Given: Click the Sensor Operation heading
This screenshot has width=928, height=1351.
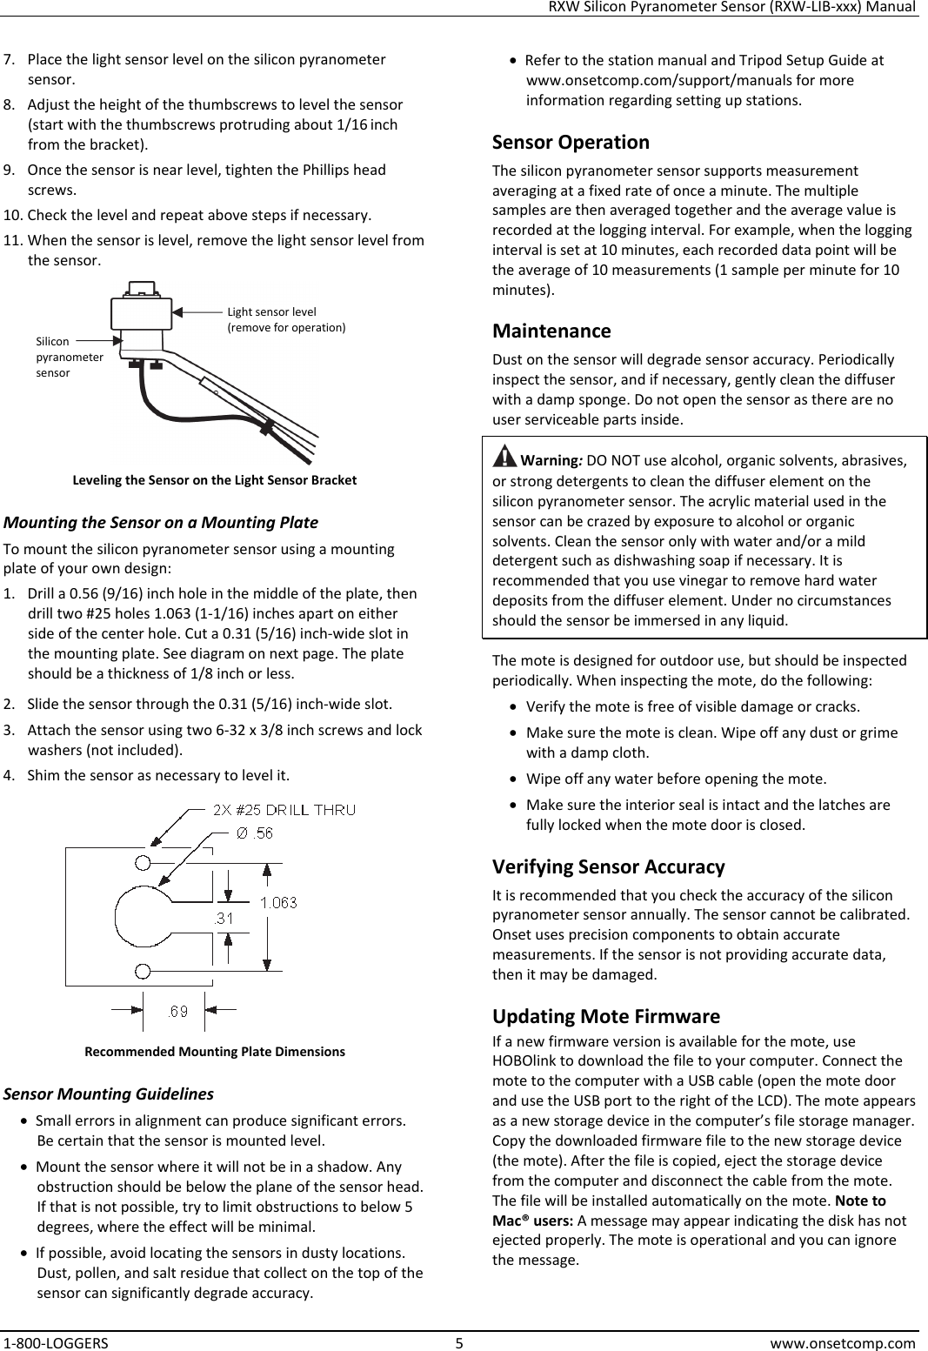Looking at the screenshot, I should click(571, 142).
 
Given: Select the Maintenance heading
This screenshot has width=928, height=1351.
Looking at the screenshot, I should click(551, 331).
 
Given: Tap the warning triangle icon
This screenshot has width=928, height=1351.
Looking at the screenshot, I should click(503, 456).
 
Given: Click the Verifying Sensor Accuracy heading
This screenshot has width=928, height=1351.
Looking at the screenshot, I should click(608, 866).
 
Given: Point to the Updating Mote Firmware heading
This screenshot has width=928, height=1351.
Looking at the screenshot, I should click(605, 1016).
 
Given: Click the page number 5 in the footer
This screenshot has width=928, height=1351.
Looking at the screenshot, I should click(459, 1341).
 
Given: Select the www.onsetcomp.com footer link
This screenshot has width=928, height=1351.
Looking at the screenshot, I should click(843, 1341).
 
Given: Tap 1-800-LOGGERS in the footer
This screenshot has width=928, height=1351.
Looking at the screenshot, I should click(55, 1341).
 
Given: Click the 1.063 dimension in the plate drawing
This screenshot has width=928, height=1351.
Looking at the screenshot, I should click(278, 902).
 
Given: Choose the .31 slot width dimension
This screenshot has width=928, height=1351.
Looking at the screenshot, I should click(224, 918).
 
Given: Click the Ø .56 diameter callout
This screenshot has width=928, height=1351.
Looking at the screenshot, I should click(255, 833).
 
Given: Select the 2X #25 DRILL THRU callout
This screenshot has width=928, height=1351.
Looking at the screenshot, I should click(284, 810).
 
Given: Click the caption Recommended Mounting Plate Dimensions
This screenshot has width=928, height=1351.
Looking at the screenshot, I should click(214, 1051).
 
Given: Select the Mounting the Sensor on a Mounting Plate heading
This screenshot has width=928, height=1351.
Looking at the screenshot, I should click(161, 523).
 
